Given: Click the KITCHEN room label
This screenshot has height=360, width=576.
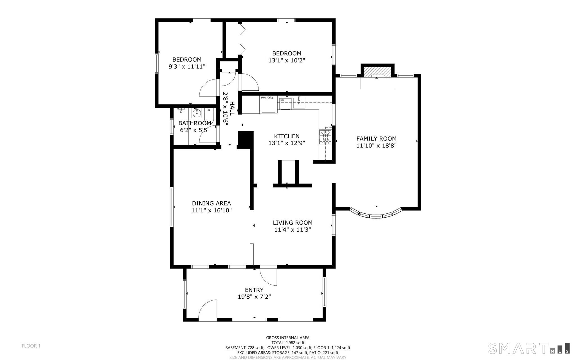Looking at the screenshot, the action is click(287, 136).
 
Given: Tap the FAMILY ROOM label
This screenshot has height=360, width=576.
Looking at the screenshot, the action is click(376, 138).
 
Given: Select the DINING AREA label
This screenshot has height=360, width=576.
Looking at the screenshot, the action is click(211, 203).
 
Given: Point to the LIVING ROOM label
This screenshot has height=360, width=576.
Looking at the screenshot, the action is click(292, 223).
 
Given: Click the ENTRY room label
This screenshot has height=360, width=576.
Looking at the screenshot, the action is click(254, 290).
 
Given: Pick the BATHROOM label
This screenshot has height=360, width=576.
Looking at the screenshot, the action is click(195, 123).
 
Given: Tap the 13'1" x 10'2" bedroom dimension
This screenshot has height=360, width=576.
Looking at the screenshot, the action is click(287, 60).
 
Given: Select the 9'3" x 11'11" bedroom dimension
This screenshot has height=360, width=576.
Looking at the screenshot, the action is click(187, 67).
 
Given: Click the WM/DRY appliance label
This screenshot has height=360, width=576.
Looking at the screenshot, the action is click(267, 98).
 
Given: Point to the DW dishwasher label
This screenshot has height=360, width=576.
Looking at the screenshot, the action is click(282, 100).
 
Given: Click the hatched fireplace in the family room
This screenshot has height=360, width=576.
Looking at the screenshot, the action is click(377, 71).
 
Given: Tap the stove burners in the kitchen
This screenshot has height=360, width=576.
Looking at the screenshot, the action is click(325, 137).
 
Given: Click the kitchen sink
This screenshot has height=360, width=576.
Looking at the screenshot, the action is click(299, 103).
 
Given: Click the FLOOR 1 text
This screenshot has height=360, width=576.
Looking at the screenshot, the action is click(31, 346).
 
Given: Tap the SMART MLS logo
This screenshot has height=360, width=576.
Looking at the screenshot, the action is click(529, 348).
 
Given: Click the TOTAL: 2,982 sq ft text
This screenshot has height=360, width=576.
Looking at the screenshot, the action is click(288, 343).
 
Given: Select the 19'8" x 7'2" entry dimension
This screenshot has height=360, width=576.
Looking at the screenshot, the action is click(254, 297).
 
